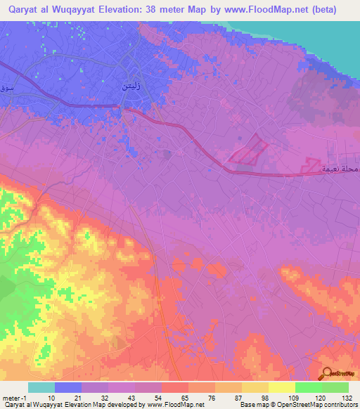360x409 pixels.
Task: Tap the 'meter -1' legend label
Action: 15,398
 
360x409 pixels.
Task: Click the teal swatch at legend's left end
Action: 41,387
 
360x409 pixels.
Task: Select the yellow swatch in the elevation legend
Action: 282,387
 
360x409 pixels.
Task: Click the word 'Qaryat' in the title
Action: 22,10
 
